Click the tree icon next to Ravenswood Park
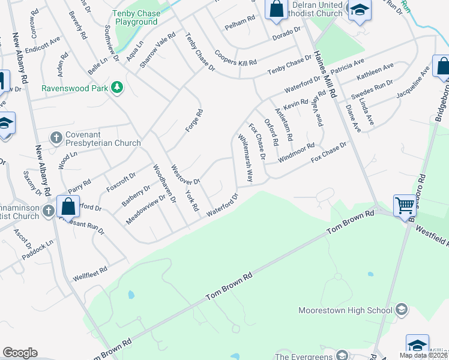[118, 88]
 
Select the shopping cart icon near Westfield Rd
[405, 206]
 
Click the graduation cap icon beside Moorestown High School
[402, 310]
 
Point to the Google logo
[20, 353]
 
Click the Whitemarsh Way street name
[244, 157]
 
